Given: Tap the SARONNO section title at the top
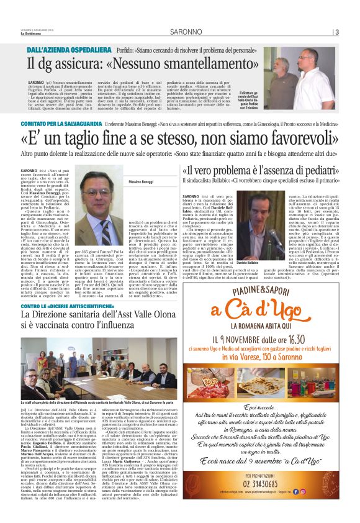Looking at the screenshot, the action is tap(179, 32).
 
